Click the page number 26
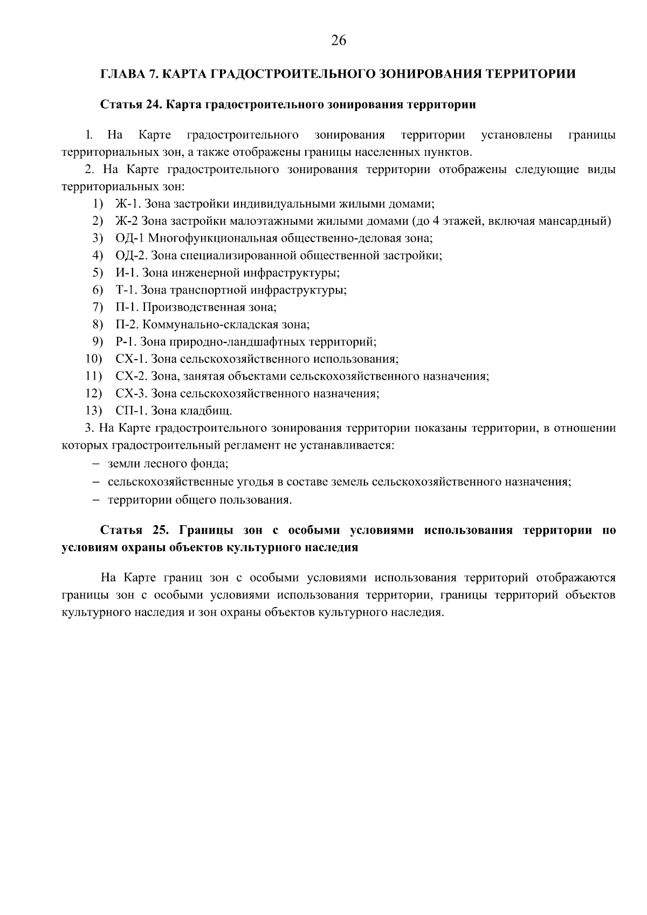(x=339, y=41)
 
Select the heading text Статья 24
(x=131, y=105)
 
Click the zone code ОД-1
(x=130, y=238)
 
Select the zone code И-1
(x=126, y=273)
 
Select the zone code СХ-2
(x=131, y=376)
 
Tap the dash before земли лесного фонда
(x=95, y=464)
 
